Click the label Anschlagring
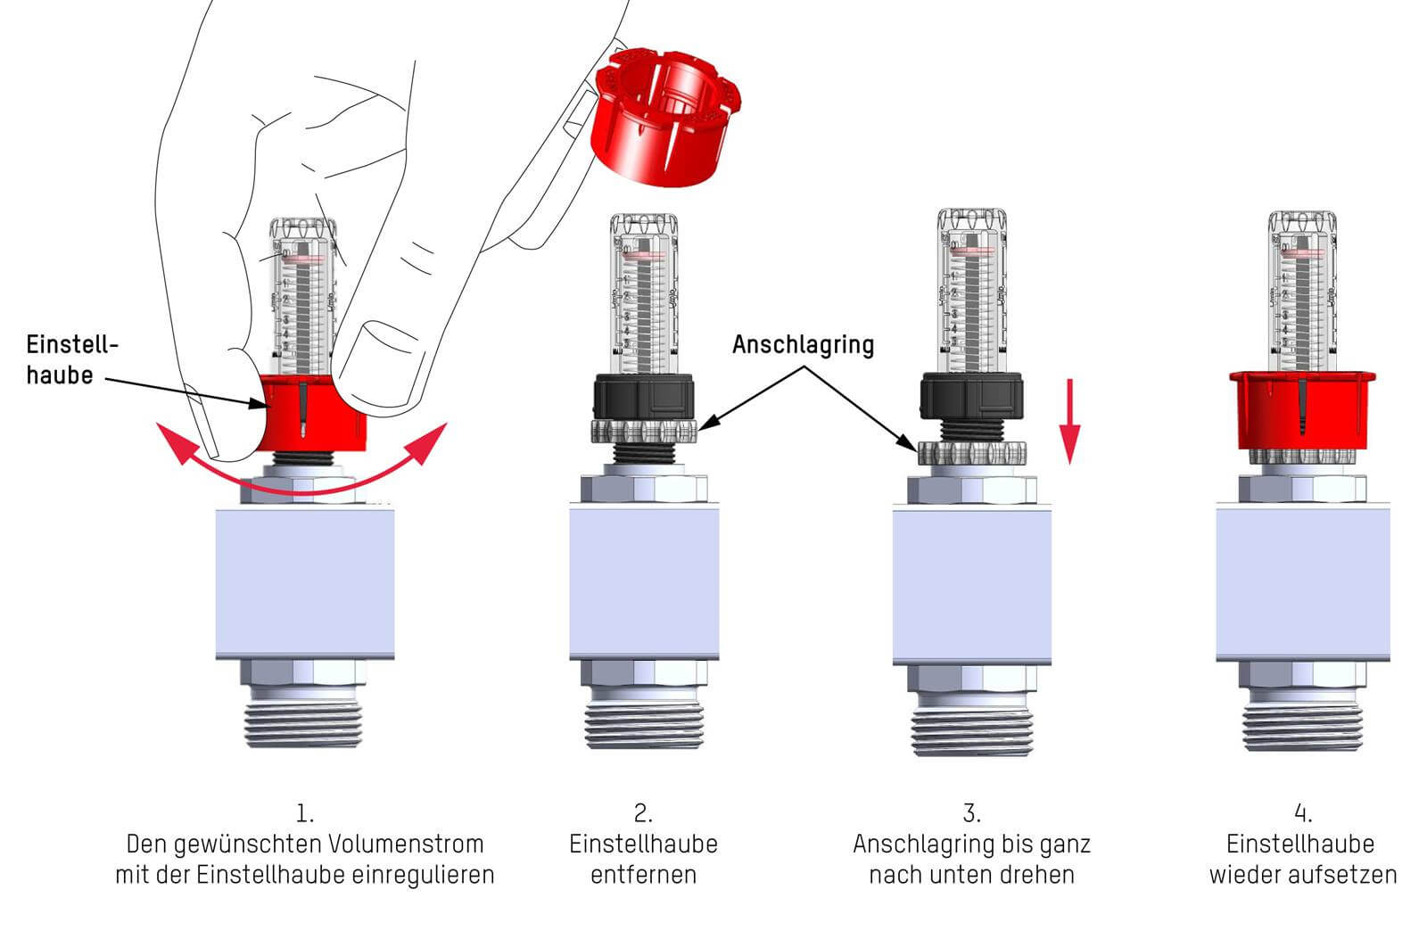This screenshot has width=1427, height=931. click(x=803, y=345)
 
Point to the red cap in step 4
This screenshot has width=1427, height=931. click(x=1301, y=410)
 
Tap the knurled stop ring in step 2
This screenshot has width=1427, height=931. click(x=644, y=433)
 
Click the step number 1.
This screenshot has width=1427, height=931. click(x=305, y=813)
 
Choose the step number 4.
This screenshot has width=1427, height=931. click(x=1303, y=813)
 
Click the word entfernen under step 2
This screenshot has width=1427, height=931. click(x=643, y=874)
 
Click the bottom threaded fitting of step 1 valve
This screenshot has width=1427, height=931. click(x=305, y=718)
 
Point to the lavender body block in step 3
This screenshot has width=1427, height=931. click(x=972, y=584)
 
